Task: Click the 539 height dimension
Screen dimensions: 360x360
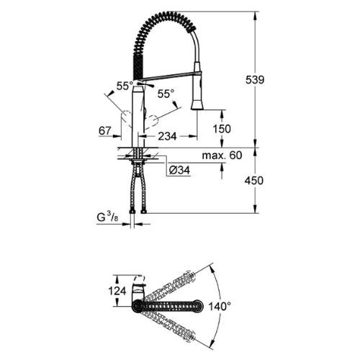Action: click(269, 81)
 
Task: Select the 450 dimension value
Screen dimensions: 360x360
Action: click(269, 181)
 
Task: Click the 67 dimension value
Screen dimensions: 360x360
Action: click(104, 131)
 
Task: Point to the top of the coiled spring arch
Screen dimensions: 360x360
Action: click(166, 14)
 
